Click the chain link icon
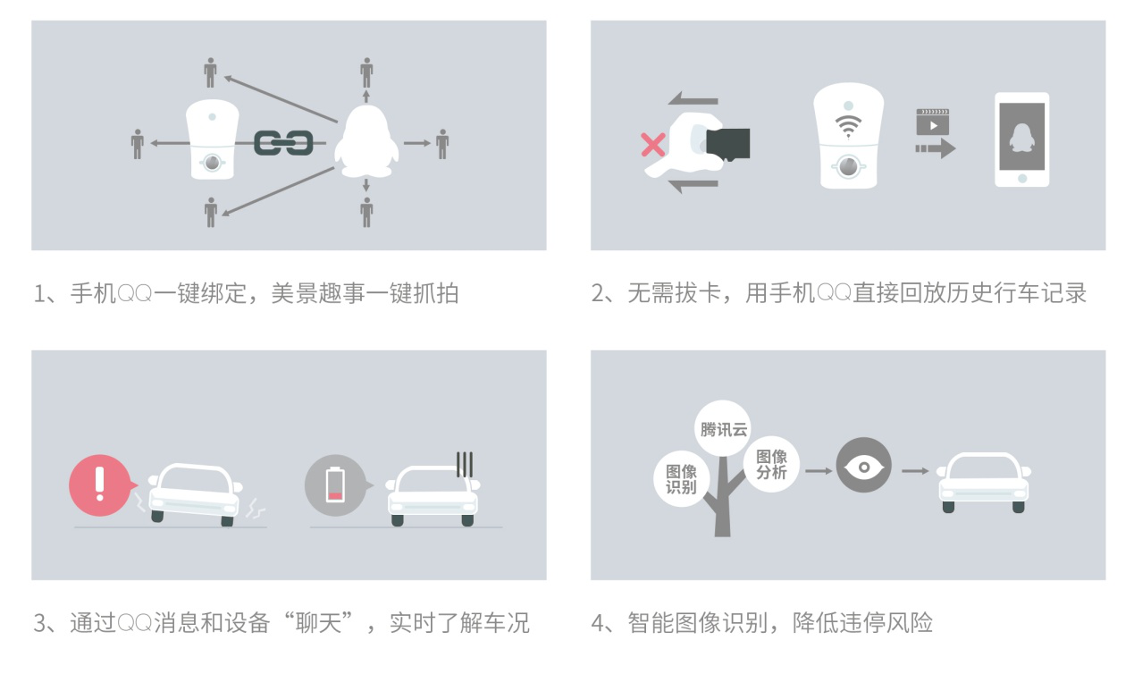tap(283, 143)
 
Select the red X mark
tap(653, 145)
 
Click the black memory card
tap(728, 144)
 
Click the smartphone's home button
tap(1022, 178)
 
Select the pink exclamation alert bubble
tap(101, 485)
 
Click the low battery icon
tap(335, 485)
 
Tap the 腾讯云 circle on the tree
tap(723, 429)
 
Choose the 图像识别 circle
tap(681, 479)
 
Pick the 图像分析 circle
tap(771, 464)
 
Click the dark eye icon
tap(863, 466)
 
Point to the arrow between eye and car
tap(915, 471)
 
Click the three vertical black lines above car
tap(465, 464)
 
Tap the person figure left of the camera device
tap(138, 144)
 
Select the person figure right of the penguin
tap(442, 144)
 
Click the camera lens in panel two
tap(848, 166)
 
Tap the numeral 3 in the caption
tap(40, 623)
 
